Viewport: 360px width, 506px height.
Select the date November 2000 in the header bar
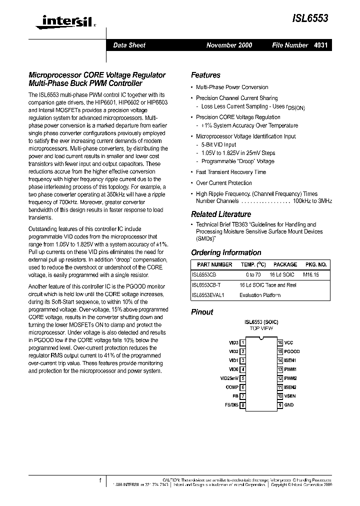click(x=229, y=45)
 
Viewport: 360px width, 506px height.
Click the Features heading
click(x=205, y=75)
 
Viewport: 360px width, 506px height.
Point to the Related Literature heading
click(x=221, y=214)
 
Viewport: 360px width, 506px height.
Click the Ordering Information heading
click(x=226, y=252)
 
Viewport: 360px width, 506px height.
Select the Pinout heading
click(x=202, y=311)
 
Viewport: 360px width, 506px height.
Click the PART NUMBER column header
click(x=214, y=264)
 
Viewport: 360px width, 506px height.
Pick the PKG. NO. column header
click(x=315, y=264)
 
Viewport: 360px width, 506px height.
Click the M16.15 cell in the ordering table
click(x=310, y=275)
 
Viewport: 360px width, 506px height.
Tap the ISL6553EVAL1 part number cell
click(x=208, y=295)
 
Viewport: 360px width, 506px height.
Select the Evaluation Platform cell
click(x=260, y=295)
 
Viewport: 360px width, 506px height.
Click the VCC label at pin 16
click(x=289, y=342)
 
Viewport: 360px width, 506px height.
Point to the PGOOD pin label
click(x=292, y=351)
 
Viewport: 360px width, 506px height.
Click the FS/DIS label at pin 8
click(x=231, y=405)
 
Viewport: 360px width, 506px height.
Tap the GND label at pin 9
click(x=289, y=405)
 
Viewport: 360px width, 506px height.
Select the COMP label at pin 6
click(x=232, y=387)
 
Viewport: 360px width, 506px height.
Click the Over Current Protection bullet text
click(x=224, y=183)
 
